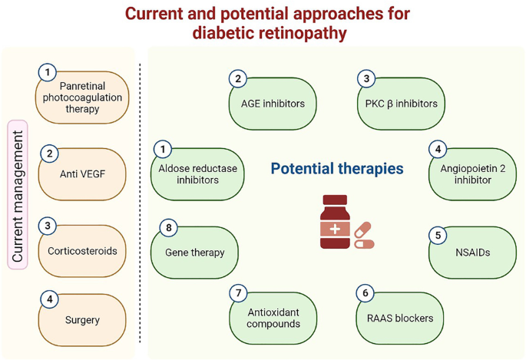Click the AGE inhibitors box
[272, 104]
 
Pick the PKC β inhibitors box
[402, 104]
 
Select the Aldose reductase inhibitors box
[197, 174]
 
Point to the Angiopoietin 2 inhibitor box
[472, 174]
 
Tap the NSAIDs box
[472, 252]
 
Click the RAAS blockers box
[402, 318]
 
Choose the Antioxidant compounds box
[272, 318]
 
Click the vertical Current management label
[18, 194]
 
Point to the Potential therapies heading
[337, 168]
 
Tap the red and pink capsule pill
[363, 236]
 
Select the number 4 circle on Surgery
[50, 299]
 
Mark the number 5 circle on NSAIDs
[438, 235]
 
